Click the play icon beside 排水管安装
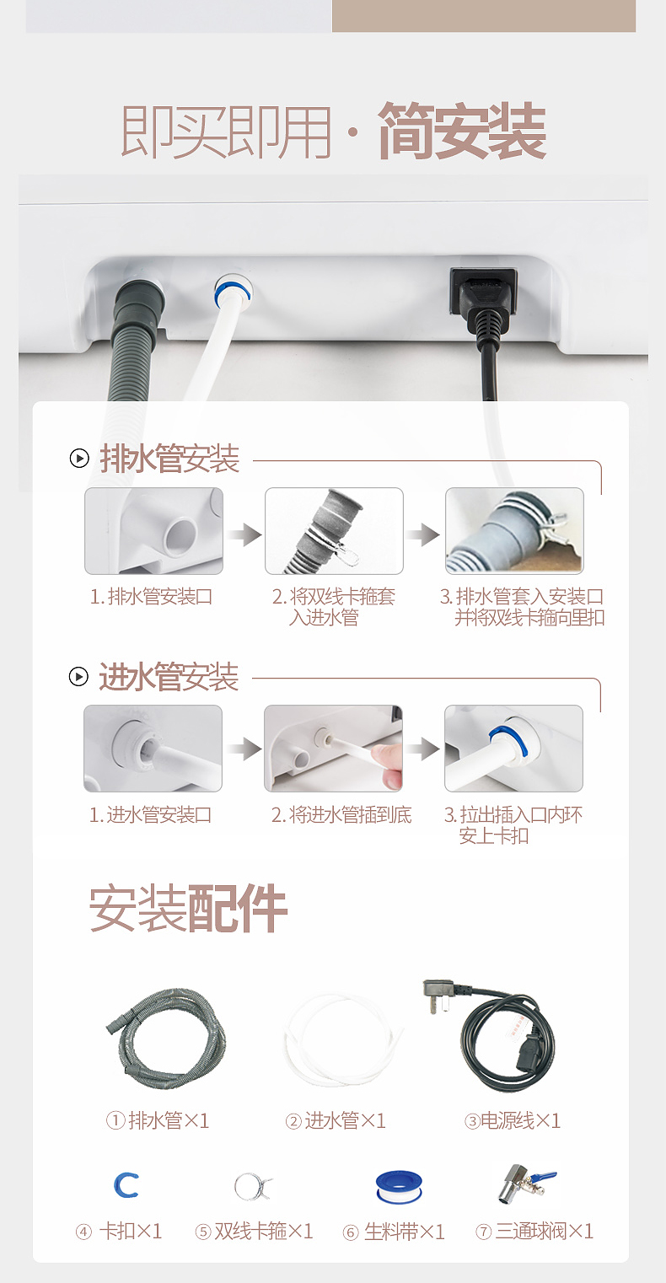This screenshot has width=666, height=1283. coord(79,459)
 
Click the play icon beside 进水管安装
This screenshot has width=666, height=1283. coord(78,676)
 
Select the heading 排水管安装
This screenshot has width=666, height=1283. coord(169,459)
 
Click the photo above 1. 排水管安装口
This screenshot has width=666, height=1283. coord(153,531)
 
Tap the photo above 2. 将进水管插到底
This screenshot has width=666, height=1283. coord(333,749)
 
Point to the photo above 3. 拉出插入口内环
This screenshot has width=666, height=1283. coord(513,749)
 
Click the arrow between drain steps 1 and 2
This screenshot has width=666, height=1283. coord(244,534)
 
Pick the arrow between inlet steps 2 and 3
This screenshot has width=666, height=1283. coord(423,749)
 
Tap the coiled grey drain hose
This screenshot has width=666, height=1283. coord(166,1038)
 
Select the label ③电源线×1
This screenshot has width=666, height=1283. coord(512,1120)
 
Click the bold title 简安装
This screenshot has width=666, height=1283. coord(461,132)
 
